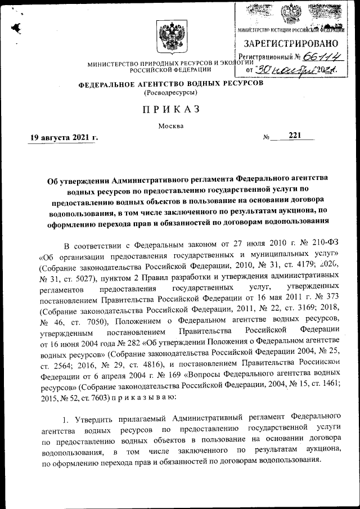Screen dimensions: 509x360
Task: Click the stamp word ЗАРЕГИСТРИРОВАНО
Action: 291,43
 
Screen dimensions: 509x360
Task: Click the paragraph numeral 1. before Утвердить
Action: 66,419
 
